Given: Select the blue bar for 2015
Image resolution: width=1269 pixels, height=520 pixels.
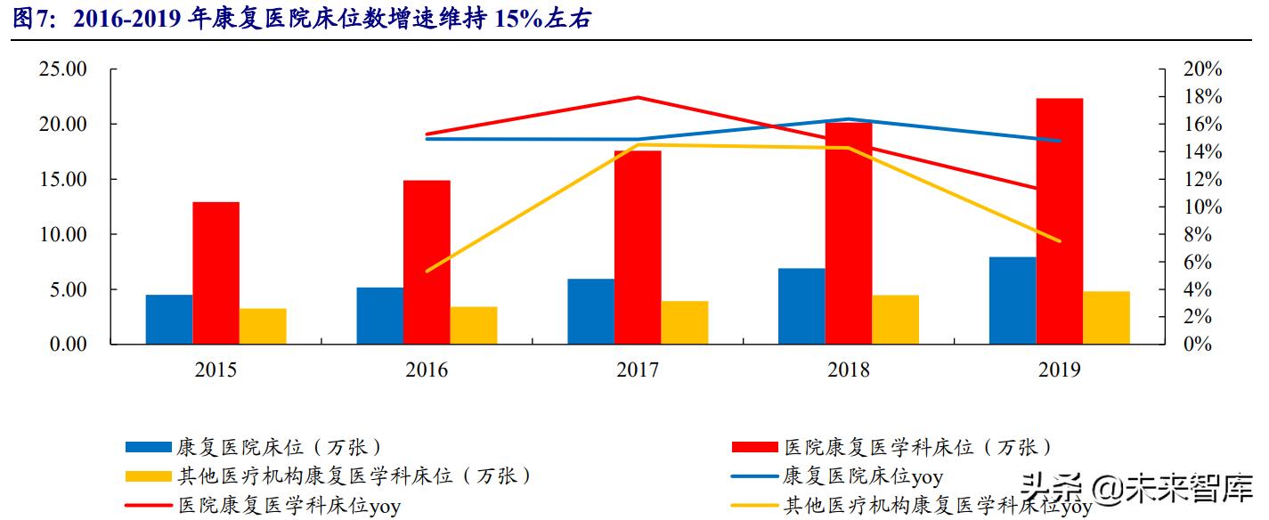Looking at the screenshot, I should click(169, 319).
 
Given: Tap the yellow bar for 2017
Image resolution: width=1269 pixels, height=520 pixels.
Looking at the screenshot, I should click(684, 322).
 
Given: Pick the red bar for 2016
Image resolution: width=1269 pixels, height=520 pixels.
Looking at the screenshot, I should click(427, 262).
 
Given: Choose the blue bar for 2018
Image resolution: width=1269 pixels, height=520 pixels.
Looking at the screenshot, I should click(801, 305).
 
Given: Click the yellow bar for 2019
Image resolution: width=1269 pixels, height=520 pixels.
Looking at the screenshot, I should click(1106, 317).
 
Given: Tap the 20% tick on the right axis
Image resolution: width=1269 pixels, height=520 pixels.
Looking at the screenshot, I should click(1202, 69).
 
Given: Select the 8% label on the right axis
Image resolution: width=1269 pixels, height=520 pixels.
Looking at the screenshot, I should click(1202, 235).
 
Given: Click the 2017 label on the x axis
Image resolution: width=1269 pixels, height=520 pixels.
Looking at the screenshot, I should click(638, 370).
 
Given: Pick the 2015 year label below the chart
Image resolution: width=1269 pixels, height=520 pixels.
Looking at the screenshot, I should click(216, 370).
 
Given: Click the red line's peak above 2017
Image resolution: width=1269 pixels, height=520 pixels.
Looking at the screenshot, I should click(639, 97).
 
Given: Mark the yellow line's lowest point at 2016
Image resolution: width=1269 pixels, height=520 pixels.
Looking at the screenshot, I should click(427, 271).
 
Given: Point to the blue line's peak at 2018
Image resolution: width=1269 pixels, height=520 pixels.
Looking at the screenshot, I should click(849, 118).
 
